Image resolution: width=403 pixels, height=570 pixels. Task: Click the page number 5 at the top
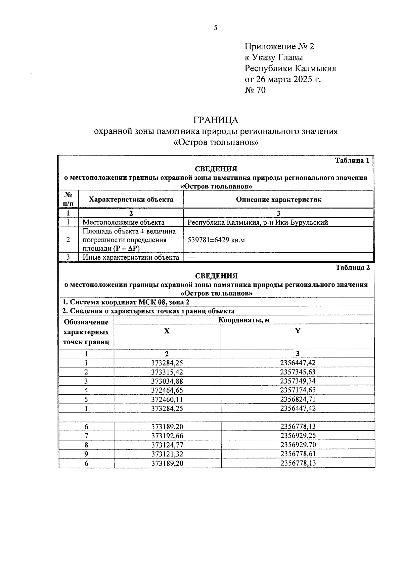click(215, 28)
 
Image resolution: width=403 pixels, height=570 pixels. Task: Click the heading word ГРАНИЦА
click(216, 120)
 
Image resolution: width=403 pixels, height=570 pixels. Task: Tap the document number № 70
click(255, 90)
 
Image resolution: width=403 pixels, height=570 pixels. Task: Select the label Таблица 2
click(353, 267)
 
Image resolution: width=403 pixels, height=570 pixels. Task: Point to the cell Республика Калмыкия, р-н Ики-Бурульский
click(258, 222)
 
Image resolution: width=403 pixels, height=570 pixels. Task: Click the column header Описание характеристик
click(278, 200)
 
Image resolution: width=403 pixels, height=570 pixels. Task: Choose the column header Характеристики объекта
click(131, 200)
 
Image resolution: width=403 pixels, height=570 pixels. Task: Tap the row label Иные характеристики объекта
click(131, 258)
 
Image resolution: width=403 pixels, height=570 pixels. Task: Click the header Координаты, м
click(244, 320)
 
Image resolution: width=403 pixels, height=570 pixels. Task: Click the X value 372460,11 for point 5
click(167, 399)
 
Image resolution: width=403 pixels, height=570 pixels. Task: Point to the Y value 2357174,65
click(298, 390)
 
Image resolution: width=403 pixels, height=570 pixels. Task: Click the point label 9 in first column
click(86, 454)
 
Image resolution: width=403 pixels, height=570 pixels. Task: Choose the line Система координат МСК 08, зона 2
click(124, 302)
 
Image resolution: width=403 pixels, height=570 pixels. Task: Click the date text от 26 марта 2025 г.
click(283, 79)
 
